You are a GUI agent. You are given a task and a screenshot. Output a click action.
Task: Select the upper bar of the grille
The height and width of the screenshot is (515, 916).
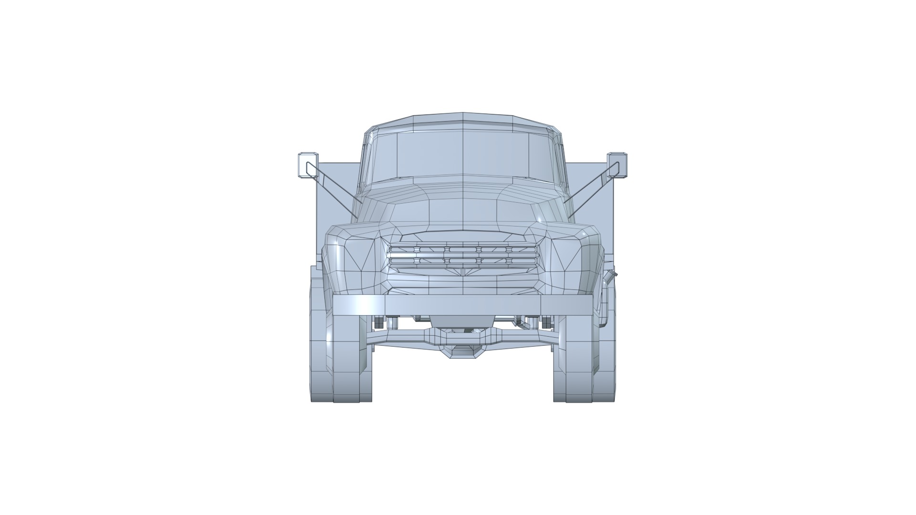pos(463,249)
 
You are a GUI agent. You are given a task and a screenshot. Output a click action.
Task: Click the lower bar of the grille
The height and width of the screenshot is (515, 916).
pos(463,261)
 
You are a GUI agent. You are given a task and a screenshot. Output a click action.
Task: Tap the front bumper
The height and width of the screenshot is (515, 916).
pos(463,305)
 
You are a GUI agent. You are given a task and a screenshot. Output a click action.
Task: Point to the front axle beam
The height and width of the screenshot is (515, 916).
pos(406,339)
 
